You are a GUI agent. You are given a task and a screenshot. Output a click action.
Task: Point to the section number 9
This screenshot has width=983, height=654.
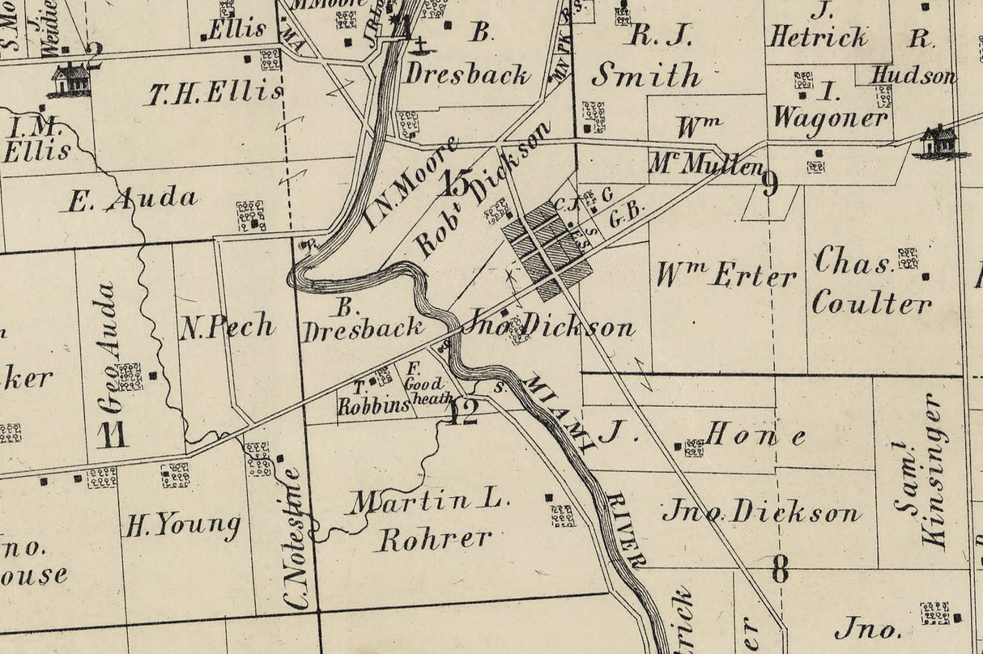pos(770,185)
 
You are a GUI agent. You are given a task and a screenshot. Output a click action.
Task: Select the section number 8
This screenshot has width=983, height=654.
pos(779,571)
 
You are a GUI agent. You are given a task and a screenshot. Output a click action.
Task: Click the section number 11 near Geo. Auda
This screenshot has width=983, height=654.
pos(113,435)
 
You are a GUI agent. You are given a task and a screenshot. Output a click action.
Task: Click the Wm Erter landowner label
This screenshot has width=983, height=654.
pos(726,277)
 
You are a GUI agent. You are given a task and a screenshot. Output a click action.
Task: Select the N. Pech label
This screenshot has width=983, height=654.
pos(227,327)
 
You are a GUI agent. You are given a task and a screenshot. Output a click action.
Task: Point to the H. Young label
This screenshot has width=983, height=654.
pos(182,526)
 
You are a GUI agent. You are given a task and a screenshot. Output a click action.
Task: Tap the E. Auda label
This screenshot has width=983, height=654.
pos(132,199)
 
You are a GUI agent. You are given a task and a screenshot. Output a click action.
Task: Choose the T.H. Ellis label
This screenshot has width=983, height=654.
pos(215,94)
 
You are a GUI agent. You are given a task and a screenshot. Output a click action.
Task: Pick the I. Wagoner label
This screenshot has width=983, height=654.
pos(829,104)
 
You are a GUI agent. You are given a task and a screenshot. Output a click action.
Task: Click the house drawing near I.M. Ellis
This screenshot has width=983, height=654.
pos(70,80)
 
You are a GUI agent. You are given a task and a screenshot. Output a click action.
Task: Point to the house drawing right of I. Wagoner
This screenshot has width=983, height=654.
pos(939,142)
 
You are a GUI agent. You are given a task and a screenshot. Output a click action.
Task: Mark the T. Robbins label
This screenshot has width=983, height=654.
pos(374,399)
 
